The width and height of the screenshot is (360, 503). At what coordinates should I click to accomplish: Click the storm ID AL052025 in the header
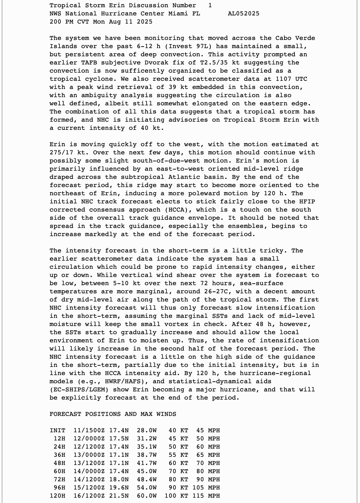pos(244,14)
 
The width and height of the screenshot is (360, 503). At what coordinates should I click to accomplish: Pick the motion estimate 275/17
pos(61,152)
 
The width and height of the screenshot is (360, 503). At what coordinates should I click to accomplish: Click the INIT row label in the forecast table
pos(58,430)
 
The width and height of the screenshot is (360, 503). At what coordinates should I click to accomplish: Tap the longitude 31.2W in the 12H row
pos(147,439)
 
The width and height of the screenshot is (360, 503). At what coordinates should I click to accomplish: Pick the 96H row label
pos(59,488)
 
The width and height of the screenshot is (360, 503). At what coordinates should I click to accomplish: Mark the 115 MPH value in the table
pos(208,496)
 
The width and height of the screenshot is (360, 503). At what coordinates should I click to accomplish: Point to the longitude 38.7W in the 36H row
pos(147,455)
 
